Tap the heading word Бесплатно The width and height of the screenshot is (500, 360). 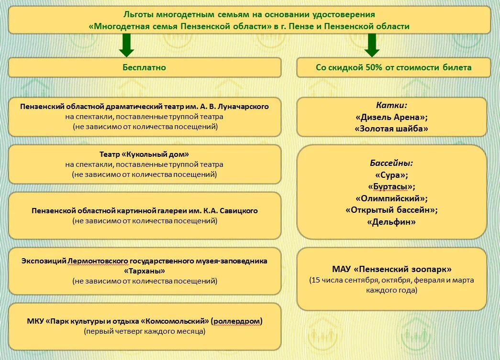point(144,67)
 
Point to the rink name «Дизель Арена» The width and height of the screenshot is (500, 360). point(391,117)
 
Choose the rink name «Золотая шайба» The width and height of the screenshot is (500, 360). point(391,129)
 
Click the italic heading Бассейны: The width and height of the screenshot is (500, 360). point(391,163)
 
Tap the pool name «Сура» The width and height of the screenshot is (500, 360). point(391,175)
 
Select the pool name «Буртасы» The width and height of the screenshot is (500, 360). point(391,186)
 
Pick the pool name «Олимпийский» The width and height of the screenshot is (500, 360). point(391,198)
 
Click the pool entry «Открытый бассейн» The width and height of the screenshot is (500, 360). point(391,210)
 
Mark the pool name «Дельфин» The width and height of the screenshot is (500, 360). point(391,222)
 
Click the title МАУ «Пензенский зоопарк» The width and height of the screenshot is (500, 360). point(391,269)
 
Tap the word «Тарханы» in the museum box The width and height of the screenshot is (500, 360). point(144,271)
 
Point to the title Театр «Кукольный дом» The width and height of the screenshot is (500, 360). point(144,154)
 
